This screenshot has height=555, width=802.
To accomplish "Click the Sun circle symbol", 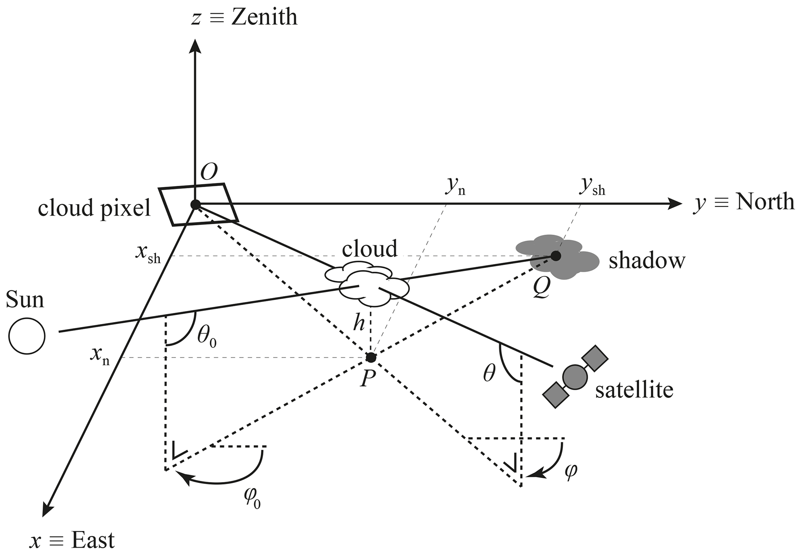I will coord(27,336).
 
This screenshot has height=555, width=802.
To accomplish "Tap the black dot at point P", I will coord(371,357).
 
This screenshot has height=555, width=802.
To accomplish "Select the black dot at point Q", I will coord(556,256).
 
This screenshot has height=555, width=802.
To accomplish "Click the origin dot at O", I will coord(195,204).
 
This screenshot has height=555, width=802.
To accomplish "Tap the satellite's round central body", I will coord(575,377).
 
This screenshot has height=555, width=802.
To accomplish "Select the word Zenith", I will coord(264,18).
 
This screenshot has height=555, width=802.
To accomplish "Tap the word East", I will coord(93,540).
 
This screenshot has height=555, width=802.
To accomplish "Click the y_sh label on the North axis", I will coord(592,188).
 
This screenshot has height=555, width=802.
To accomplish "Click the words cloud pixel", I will coord(94,208).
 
